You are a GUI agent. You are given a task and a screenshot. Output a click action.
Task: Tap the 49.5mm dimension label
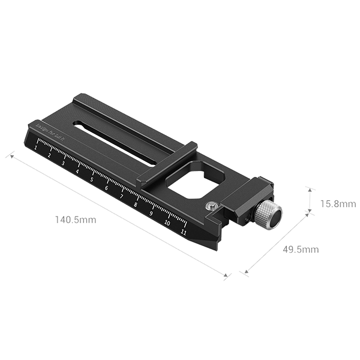point(299,249)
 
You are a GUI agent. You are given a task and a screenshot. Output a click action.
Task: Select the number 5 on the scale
point(92,178)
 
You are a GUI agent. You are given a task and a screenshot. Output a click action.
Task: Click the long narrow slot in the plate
point(114,134)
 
